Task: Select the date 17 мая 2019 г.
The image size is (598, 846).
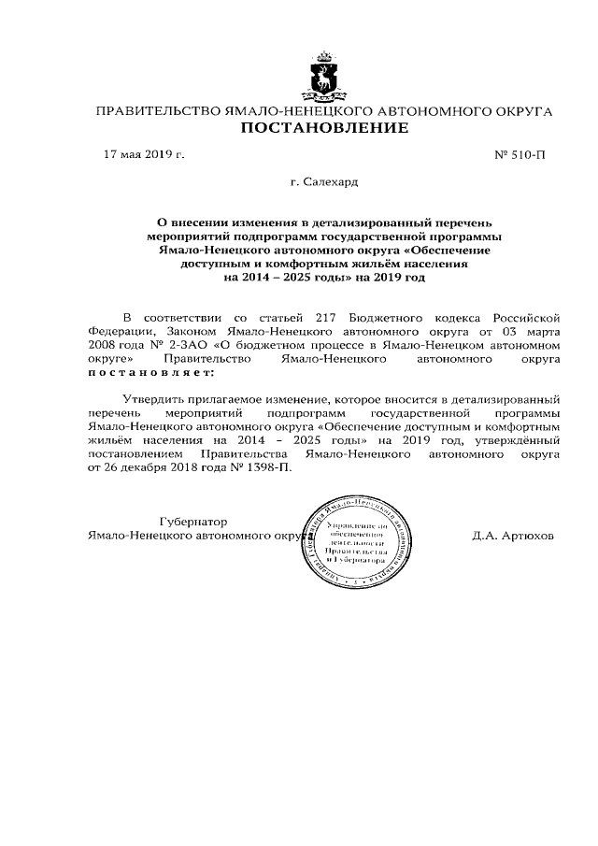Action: (x=144, y=154)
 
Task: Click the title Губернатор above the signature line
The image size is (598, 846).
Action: (x=192, y=522)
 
